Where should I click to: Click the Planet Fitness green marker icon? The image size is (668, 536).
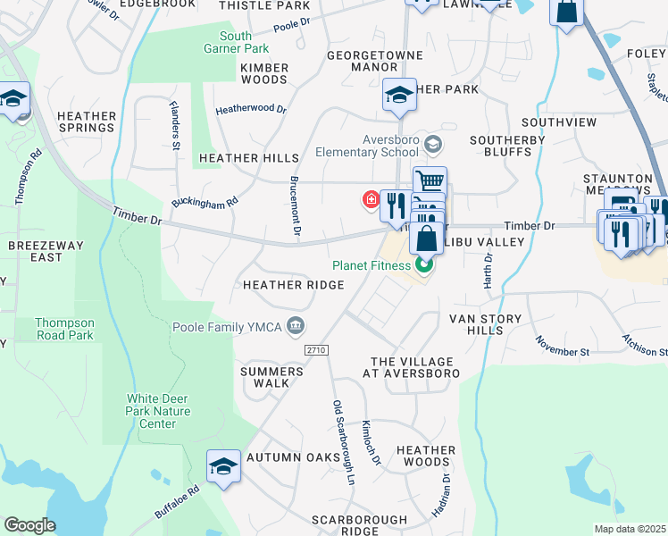pos(425,264)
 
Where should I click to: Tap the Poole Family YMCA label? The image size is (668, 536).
pos(228,326)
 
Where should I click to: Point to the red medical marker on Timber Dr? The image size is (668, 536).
pos(369,198)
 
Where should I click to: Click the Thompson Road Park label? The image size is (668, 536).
pos(63,329)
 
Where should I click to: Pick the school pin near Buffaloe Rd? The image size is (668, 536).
pos(223,466)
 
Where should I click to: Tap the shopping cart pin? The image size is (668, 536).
pos(430,181)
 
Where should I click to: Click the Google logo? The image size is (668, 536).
pos(29,525)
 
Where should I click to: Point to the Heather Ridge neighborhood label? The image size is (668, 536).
pos(294,285)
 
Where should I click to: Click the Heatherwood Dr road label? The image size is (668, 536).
pos(251,110)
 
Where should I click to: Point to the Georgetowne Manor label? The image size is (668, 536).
pos(360,60)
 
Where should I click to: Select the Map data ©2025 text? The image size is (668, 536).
pos(630,529)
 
